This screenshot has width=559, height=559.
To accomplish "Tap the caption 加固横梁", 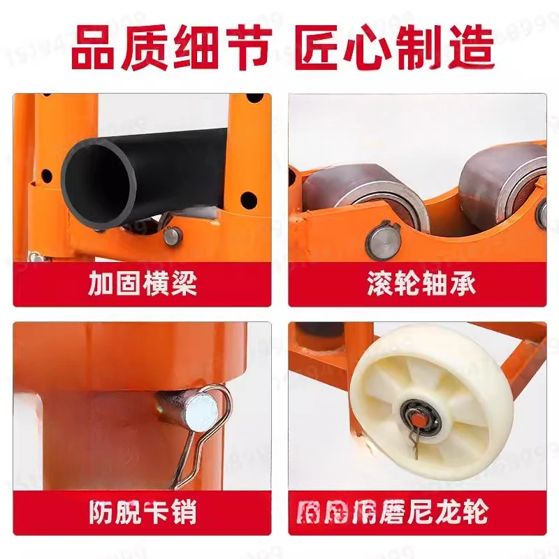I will click(x=143, y=284).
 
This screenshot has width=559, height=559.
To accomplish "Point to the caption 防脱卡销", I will click(x=143, y=513).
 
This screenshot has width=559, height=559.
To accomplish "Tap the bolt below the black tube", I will click(x=171, y=236).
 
